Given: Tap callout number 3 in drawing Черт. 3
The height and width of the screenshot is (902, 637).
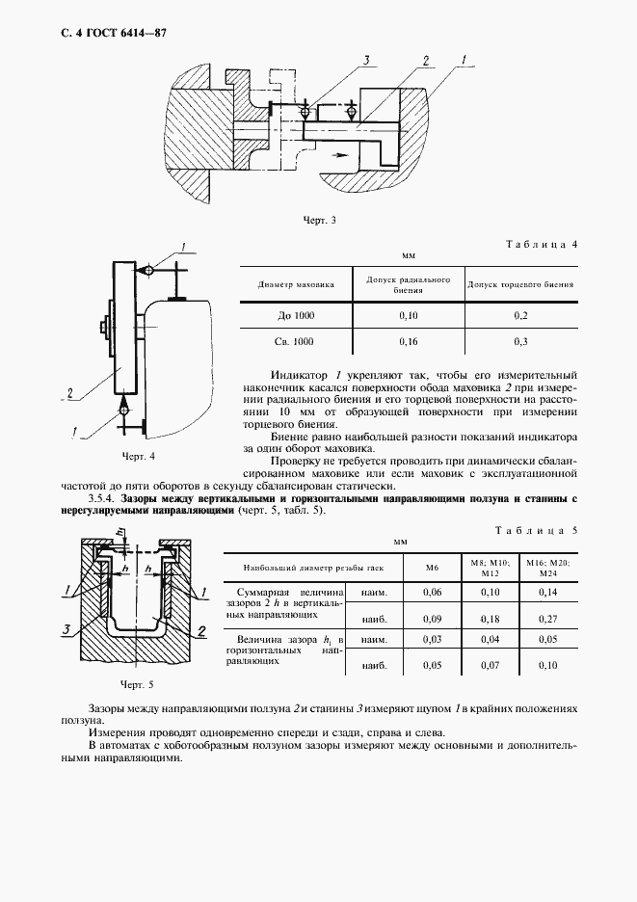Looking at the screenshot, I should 367,60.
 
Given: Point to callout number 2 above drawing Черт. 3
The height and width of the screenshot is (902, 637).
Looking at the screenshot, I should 424,60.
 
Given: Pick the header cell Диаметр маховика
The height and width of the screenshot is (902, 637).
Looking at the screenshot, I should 295,285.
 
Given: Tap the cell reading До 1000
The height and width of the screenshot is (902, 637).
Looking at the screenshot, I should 295,316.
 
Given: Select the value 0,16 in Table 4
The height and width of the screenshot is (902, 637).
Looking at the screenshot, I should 409,341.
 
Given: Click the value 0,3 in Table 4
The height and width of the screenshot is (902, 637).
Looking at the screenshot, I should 520,341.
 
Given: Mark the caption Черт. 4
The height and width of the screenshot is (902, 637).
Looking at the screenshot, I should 138,455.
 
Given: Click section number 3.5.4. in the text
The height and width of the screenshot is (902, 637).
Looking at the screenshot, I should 101,499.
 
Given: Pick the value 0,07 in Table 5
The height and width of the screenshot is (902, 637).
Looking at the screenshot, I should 491,666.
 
